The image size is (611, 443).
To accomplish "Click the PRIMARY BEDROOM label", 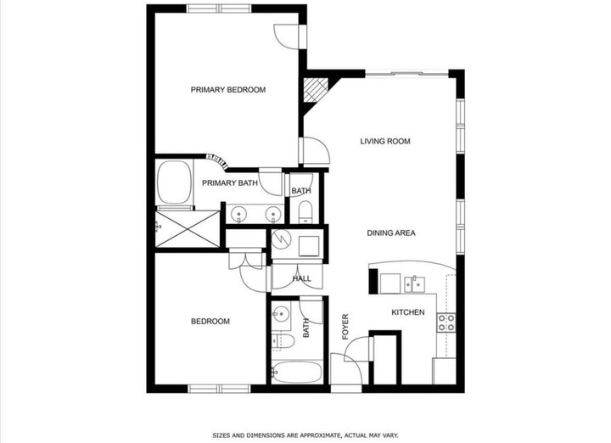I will (x=227, y=90).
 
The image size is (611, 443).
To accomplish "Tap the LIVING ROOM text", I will (x=384, y=142).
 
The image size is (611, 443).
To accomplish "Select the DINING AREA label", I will (x=390, y=233).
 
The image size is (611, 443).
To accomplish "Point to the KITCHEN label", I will (x=407, y=313).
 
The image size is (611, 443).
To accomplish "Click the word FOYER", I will (x=345, y=328).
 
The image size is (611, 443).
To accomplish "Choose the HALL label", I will (x=302, y=278).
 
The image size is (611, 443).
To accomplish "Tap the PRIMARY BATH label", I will (x=229, y=183).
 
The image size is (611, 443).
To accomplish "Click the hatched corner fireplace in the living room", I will (x=317, y=90).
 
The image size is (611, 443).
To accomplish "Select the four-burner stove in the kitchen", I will (x=446, y=322).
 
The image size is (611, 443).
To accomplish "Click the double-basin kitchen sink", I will (x=416, y=282).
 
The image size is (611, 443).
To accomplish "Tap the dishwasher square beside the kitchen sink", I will (x=390, y=283).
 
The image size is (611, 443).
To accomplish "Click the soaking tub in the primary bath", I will (x=174, y=183).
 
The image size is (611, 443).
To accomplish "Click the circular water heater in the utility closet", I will (x=282, y=240).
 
